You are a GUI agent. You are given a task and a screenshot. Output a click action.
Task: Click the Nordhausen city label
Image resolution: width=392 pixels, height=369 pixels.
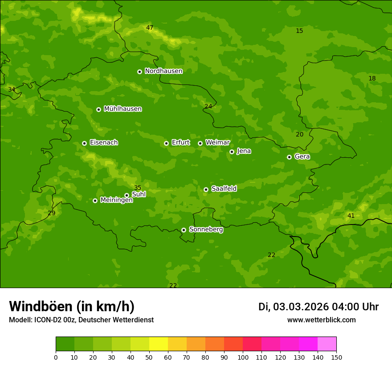(x=163, y=71)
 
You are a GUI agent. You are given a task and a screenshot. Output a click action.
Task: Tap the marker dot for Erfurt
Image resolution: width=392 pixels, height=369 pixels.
(x=166, y=143)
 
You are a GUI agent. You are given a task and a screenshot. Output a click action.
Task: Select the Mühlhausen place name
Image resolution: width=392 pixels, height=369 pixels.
(x=122, y=109)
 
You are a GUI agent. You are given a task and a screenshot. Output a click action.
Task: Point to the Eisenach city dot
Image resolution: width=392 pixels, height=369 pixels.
(x=84, y=143)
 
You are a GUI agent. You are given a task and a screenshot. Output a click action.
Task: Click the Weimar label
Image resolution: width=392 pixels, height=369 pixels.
(x=217, y=143)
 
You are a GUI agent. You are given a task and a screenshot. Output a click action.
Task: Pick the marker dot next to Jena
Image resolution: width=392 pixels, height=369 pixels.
(x=232, y=152)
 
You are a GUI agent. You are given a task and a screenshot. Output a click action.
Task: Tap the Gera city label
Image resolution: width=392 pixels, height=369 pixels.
(x=302, y=156)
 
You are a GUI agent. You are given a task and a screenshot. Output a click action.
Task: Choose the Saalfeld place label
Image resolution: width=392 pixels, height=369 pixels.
(x=224, y=189)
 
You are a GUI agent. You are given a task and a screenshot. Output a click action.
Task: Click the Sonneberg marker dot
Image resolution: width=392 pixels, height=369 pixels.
(x=184, y=230)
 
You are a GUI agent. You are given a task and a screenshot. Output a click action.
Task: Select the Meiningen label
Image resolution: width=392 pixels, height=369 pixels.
(x=116, y=201)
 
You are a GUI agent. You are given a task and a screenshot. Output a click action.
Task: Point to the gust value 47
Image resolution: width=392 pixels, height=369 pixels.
(x=150, y=28)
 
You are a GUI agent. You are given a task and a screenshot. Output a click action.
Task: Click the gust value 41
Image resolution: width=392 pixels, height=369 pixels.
(x=351, y=216)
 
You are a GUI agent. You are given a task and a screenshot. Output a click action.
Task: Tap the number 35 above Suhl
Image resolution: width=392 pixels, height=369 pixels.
(x=138, y=188)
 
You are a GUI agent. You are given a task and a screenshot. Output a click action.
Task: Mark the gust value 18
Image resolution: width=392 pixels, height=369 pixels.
(x=372, y=78)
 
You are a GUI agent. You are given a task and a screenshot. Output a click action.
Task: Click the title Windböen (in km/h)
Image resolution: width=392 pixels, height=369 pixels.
(x=72, y=306)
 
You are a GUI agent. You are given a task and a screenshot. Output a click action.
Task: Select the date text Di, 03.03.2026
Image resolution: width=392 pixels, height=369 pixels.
(x=293, y=307)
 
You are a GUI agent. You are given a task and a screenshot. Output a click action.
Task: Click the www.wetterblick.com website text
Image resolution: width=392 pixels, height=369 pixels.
(x=321, y=320)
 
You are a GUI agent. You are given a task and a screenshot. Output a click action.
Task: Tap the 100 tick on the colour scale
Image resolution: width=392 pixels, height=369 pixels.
(x=243, y=357)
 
